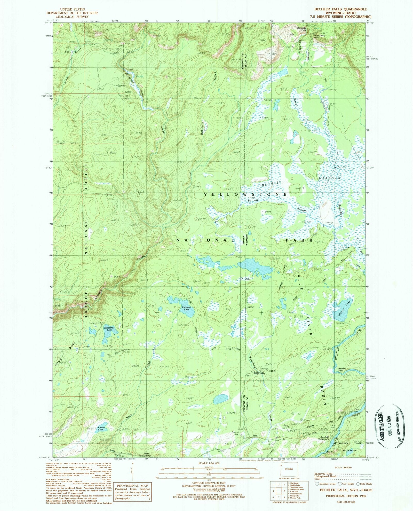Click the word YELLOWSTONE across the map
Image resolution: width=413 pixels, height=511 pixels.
[245, 194]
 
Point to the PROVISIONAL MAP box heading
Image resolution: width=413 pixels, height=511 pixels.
[132, 486]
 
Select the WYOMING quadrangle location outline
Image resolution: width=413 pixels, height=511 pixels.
[289, 469]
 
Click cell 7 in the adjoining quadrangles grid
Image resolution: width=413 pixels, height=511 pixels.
[278, 498]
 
